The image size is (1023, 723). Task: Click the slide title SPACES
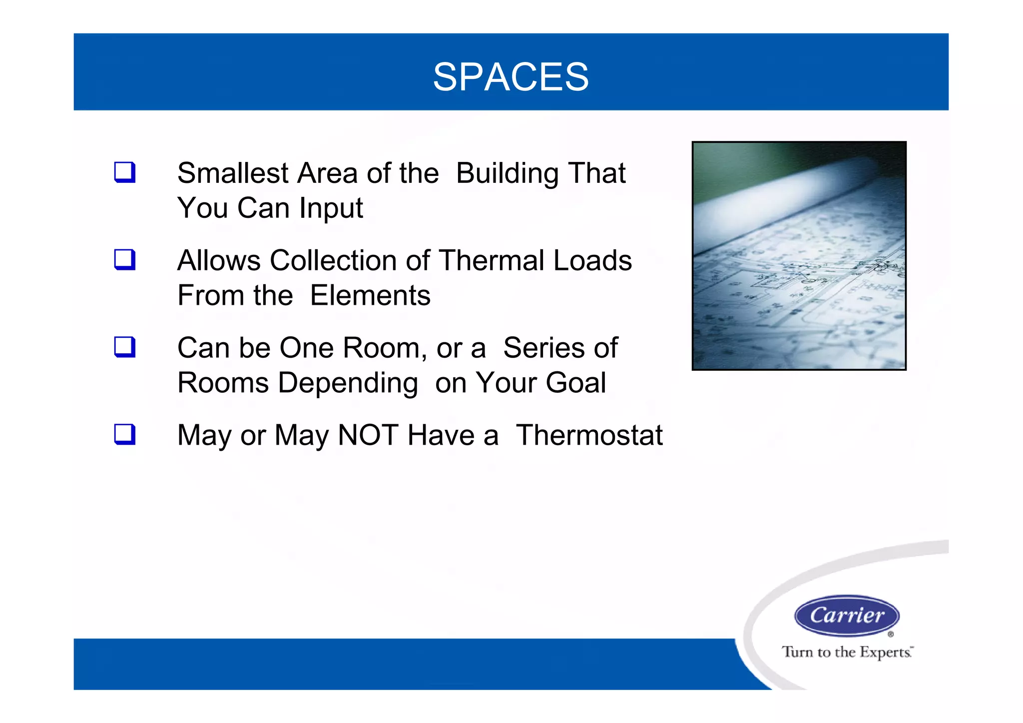(511, 77)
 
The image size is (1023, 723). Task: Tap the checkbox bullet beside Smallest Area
(124, 172)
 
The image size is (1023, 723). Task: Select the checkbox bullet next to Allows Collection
(124, 260)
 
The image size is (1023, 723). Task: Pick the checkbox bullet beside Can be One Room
(124, 347)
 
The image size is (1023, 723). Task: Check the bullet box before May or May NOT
(124, 434)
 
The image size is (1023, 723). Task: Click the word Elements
(370, 296)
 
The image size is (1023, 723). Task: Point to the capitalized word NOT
(368, 435)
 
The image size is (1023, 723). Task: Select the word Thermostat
(589, 435)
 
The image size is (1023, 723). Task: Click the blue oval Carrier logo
(847, 616)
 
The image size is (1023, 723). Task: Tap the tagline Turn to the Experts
(847, 652)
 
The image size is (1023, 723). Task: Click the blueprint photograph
(799, 256)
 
